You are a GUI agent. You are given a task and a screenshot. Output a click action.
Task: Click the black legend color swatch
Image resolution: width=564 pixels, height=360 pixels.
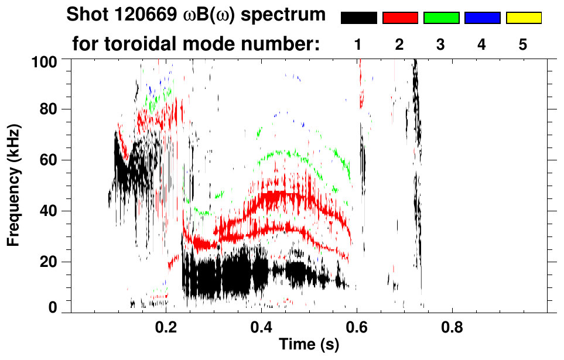(x=358, y=18)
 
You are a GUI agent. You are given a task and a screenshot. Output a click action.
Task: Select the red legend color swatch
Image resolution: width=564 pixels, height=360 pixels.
(x=400, y=18)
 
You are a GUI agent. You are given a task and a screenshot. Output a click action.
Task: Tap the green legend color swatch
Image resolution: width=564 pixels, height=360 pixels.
(x=441, y=18)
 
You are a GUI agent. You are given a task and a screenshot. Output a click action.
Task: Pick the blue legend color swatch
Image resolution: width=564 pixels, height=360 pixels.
(x=482, y=18)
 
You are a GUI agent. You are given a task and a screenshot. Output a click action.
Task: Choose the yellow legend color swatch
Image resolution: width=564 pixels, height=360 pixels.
(x=524, y=18)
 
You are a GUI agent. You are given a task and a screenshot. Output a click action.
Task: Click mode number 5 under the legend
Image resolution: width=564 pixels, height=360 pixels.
(x=523, y=44)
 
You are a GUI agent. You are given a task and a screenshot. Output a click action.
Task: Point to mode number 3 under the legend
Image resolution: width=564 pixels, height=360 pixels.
(x=441, y=44)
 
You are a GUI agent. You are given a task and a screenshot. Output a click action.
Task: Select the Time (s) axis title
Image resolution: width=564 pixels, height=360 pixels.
(x=309, y=345)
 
